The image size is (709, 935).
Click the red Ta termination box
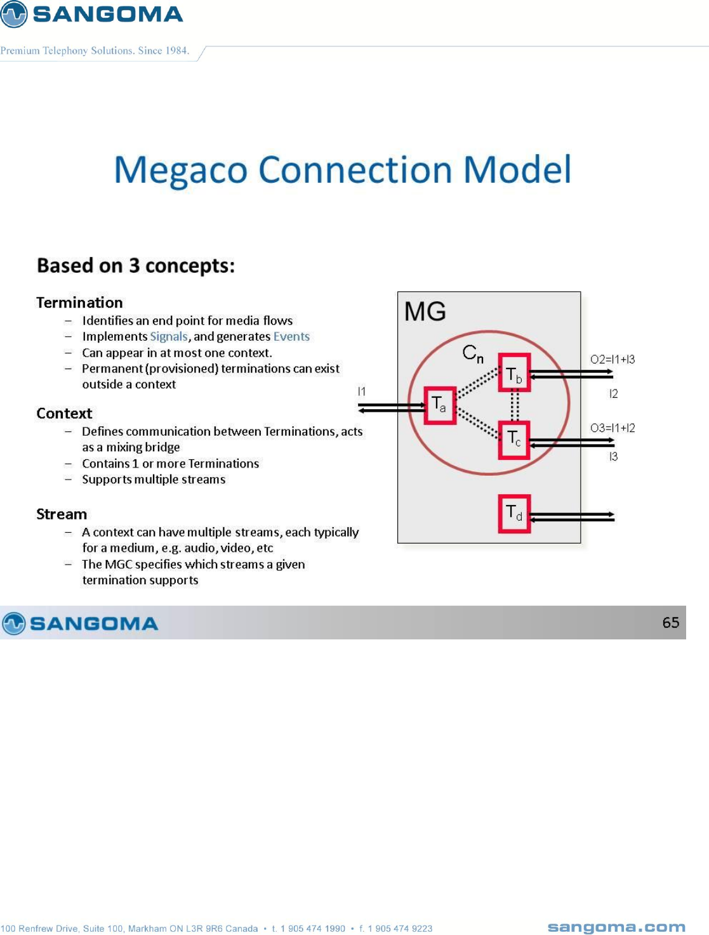[x=439, y=405]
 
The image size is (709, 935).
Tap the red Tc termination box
[x=514, y=439]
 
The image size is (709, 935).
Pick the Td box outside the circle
[x=514, y=513]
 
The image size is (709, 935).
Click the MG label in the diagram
[x=425, y=311]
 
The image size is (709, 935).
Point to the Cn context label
[x=473, y=353]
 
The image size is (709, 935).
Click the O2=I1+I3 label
[x=612, y=360]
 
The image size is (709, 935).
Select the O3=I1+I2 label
[x=612, y=428]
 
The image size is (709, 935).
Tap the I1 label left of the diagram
[x=361, y=391]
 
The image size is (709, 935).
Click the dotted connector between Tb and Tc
[x=514, y=406]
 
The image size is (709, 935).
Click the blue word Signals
[x=169, y=337]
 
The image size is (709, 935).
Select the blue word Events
[x=291, y=337]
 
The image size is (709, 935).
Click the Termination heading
[x=79, y=303]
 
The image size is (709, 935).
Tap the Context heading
[x=64, y=414]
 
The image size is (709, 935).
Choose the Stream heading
[x=62, y=514]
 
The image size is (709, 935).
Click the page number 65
[x=670, y=623]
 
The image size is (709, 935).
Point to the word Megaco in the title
[x=180, y=170]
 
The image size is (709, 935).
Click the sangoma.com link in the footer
[x=616, y=927]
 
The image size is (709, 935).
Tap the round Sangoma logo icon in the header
[x=13, y=14]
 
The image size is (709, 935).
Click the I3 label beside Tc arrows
[x=613, y=457]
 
